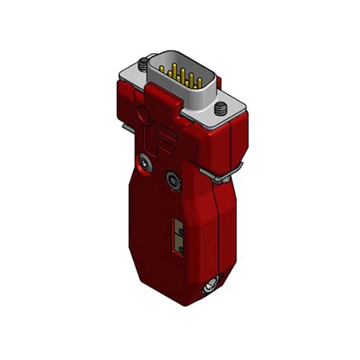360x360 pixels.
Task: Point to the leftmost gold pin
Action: [x=169, y=67]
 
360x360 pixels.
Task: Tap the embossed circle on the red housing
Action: [x=141, y=116]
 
